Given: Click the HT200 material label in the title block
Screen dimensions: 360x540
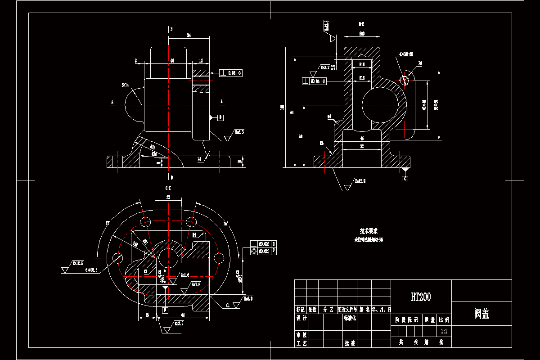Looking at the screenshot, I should [x=421, y=297].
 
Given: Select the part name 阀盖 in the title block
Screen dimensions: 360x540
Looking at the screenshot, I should [x=481, y=314].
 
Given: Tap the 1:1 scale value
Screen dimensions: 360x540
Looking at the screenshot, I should [x=444, y=331].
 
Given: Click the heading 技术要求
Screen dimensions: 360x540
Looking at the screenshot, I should [x=369, y=231].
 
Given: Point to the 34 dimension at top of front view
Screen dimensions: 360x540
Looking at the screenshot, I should [x=189, y=35].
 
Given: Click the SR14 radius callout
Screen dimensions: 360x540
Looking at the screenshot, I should [x=125, y=84].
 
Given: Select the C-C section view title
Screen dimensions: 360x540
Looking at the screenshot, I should [x=168, y=188].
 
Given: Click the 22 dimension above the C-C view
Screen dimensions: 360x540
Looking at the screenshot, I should [x=168, y=198].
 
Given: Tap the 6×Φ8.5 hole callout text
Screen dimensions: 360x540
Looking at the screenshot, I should [x=92, y=270].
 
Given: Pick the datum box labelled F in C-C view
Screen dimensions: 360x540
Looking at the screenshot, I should [x=165, y=310].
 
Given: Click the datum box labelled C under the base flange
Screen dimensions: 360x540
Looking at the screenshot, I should [x=405, y=179].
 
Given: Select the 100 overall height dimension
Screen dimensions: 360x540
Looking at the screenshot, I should [x=282, y=107].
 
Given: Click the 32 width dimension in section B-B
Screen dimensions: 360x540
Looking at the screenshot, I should [x=362, y=147].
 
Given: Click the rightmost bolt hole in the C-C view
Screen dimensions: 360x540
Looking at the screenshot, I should [x=219, y=258].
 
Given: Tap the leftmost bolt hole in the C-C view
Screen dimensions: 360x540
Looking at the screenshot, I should [x=118, y=257].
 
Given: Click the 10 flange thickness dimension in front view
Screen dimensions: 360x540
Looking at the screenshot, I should [x=240, y=161].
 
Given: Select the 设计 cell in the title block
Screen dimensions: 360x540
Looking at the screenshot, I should [x=301, y=318].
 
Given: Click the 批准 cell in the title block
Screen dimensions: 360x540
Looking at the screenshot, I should [x=350, y=343].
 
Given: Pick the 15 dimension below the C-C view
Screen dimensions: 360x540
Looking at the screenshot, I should [x=147, y=315].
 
